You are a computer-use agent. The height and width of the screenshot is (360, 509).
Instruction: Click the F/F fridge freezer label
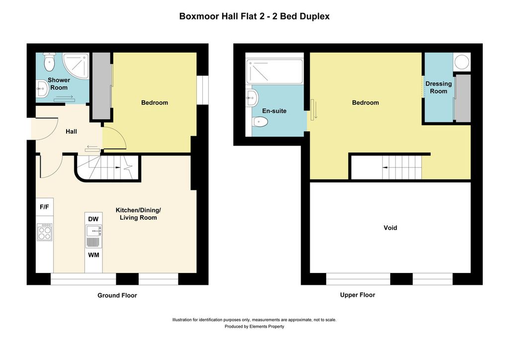click(x=44, y=207)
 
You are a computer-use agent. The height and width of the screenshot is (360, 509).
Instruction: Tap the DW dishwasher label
click(x=93, y=219)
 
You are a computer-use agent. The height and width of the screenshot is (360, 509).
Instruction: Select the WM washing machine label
click(x=93, y=255)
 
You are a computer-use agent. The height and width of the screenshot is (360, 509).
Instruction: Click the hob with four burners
click(x=44, y=232)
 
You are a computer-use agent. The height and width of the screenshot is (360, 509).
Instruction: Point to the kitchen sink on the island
click(x=93, y=231)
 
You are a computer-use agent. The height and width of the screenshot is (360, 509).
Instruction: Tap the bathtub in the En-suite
click(x=274, y=72)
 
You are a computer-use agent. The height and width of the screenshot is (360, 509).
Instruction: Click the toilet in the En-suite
click(x=260, y=122)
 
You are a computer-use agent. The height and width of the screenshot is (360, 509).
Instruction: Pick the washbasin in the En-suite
click(x=252, y=97)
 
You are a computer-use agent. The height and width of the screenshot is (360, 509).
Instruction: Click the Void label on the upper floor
click(x=390, y=228)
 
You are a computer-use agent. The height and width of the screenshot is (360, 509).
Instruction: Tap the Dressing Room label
click(x=438, y=88)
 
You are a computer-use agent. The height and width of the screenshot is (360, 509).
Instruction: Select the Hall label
click(x=72, y=131)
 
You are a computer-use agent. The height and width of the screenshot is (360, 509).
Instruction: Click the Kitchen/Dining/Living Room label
click(x=138, y=214)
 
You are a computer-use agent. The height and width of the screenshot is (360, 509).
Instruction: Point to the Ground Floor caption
click(x=117, y=295)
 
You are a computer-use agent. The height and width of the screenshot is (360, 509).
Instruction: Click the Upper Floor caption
click(x=357, y=295)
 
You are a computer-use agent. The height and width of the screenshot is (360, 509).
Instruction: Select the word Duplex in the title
click(x=315, y=16)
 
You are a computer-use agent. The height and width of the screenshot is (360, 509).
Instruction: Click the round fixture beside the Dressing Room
click(x=461, y=62)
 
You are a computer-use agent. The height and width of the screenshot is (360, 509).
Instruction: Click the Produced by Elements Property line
click(x=254, y=327)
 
